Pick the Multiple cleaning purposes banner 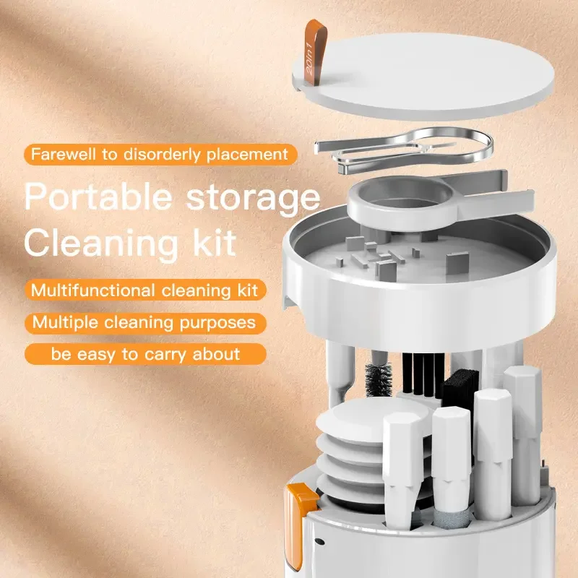click(144, 322)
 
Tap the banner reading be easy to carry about click(144, 354)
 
